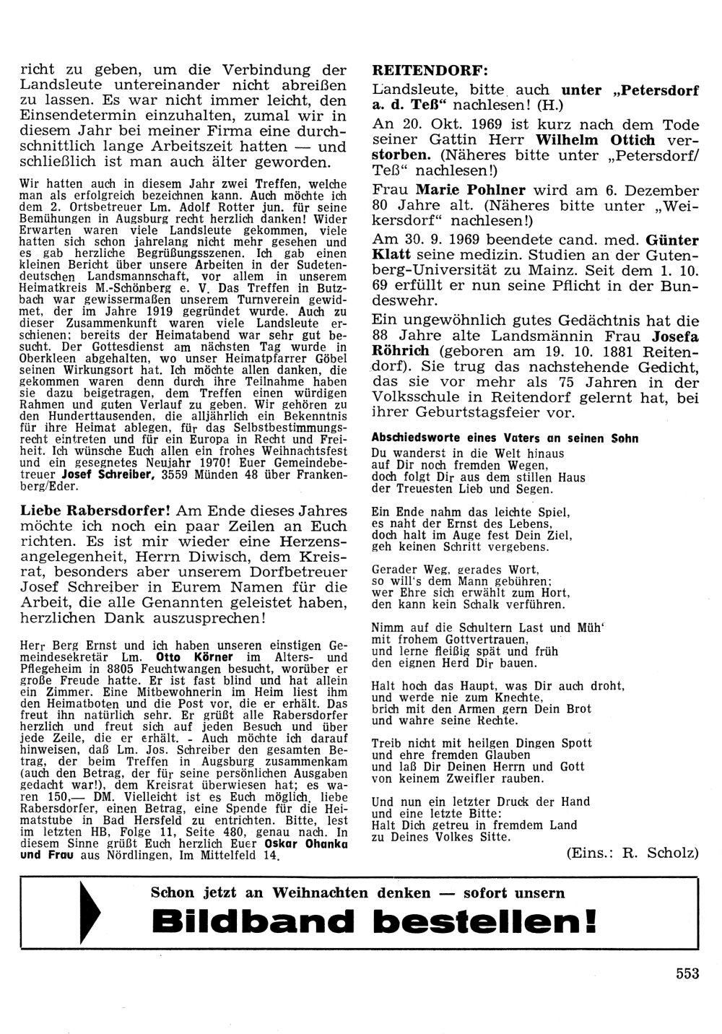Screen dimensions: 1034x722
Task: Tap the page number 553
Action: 687,973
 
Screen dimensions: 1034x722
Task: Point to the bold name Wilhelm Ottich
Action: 596,140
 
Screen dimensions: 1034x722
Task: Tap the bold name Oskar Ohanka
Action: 308,844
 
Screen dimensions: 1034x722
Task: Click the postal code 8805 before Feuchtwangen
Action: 137,669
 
